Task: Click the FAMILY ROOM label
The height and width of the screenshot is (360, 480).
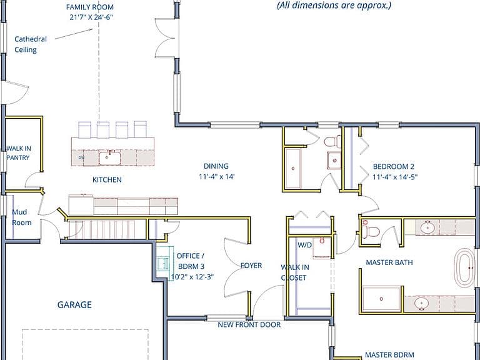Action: click(90, 7)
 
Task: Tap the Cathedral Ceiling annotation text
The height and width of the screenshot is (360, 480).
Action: click(31, 44)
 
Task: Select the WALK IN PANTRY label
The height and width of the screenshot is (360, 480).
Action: click(18, 153)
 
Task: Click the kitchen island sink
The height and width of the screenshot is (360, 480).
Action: click(109, 158)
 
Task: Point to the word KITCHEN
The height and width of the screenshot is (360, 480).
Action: click(107, 180)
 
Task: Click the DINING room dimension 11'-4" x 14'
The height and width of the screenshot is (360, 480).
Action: click(217, 177)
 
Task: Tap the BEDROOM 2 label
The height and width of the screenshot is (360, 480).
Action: click(393, 166)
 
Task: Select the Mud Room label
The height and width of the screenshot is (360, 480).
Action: click(21, 217)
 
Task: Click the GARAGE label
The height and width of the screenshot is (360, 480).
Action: click(74, 304)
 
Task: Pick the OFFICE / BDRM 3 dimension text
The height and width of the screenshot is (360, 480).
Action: click(192, 277)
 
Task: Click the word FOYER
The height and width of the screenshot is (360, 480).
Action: click(251, 266)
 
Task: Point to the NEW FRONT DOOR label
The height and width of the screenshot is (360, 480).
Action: click(249, 324)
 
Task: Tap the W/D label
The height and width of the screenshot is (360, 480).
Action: click(304, 245)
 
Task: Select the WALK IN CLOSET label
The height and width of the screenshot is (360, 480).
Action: click(295, 272)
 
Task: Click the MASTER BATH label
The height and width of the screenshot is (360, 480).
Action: click(389, 262)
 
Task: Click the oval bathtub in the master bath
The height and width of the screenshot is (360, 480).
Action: click(465, 268)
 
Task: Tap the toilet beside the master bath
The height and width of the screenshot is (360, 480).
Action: click(370, 231)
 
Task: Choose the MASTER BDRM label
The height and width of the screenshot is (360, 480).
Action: click(389, 355)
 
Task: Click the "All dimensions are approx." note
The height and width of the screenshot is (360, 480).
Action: click(334, 5)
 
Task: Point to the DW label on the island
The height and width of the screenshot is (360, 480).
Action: click(81, 157)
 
